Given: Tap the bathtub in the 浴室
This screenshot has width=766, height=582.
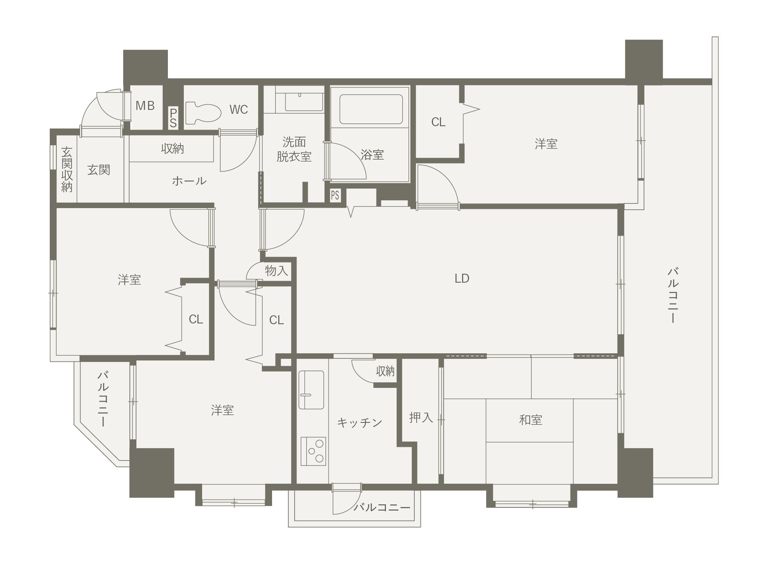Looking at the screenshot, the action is pyautogui.click(x=371, y=109).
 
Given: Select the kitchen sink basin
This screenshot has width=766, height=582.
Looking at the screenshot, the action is pyautogui.click(x=311, y=389).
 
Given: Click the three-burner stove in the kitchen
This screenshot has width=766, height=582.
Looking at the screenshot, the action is pyautogui.click(x=313, y=451).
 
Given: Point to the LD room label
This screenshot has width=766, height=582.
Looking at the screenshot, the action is pyautogui.click(x=462, y=278).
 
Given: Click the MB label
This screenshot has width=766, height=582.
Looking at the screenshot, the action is pyautogui.click(x=145, y=106).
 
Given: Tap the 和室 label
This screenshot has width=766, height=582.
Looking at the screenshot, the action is pyautogui.click(x=530, y=420).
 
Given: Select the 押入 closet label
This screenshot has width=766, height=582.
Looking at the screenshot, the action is pyautogui.click(x=421, y=417).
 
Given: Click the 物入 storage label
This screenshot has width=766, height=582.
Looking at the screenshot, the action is pyautogui.click(x=276, y=271).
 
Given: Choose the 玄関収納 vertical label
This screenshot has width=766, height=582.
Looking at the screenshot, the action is pyautogui.click(x=67, y=169).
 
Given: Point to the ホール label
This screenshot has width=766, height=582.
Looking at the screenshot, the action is pyautogui.click(x=189, y=181).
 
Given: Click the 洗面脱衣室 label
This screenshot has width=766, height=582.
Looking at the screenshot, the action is pyautogui.click(x=294, y=149).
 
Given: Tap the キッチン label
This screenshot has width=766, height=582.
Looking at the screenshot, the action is pyautogui.click(x=359, y=422).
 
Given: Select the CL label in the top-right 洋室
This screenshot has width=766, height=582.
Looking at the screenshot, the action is pyautogui.click(x=438, y=122).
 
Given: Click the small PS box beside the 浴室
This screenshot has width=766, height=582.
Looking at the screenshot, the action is pyautogui.click(x=335, y=195).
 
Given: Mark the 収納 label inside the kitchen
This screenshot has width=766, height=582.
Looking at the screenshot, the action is pyautogui.click(x=385, y=371).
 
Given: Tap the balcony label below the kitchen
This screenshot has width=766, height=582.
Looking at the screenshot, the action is pyautogui.click(x=382, y=507).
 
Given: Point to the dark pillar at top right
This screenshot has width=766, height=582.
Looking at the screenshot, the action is pyautogui.click(x=644, y=62).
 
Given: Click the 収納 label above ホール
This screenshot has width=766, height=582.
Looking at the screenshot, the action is pyautogui.click(x=172, y=148).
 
